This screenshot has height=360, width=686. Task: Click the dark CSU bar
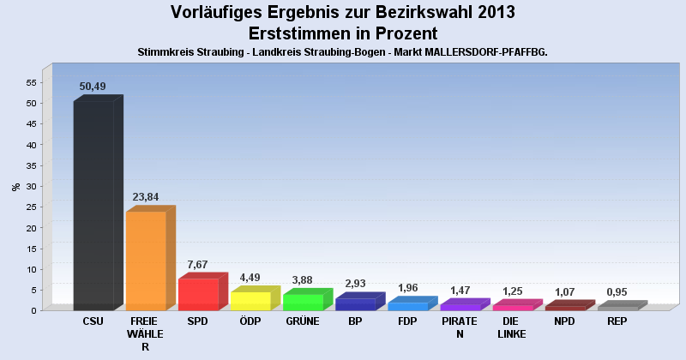click(93, 205)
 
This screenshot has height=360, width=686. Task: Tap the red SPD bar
click(198, 294)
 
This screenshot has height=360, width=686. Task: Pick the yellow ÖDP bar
click(250, 300)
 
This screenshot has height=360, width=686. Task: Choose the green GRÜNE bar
click(303, 302)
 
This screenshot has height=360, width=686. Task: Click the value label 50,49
click(93, 86)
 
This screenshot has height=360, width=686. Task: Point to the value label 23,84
click(145, 196)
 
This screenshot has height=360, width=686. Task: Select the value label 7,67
click(197, 264)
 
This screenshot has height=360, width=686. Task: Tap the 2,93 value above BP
click(355, 284)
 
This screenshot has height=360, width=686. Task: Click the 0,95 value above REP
click(617, 292)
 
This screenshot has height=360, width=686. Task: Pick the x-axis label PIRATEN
click(460, 327)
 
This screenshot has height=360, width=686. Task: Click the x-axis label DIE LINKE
click(512, 327)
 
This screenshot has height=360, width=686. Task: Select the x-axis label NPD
click(564, 321)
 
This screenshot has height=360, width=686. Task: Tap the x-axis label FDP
click(407, 321)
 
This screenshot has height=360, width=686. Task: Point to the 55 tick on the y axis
click(30, 82)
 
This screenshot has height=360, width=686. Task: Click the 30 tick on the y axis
click(30, 186)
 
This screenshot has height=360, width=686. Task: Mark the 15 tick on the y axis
click(30, 249)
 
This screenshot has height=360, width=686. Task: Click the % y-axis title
click(15, 186)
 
